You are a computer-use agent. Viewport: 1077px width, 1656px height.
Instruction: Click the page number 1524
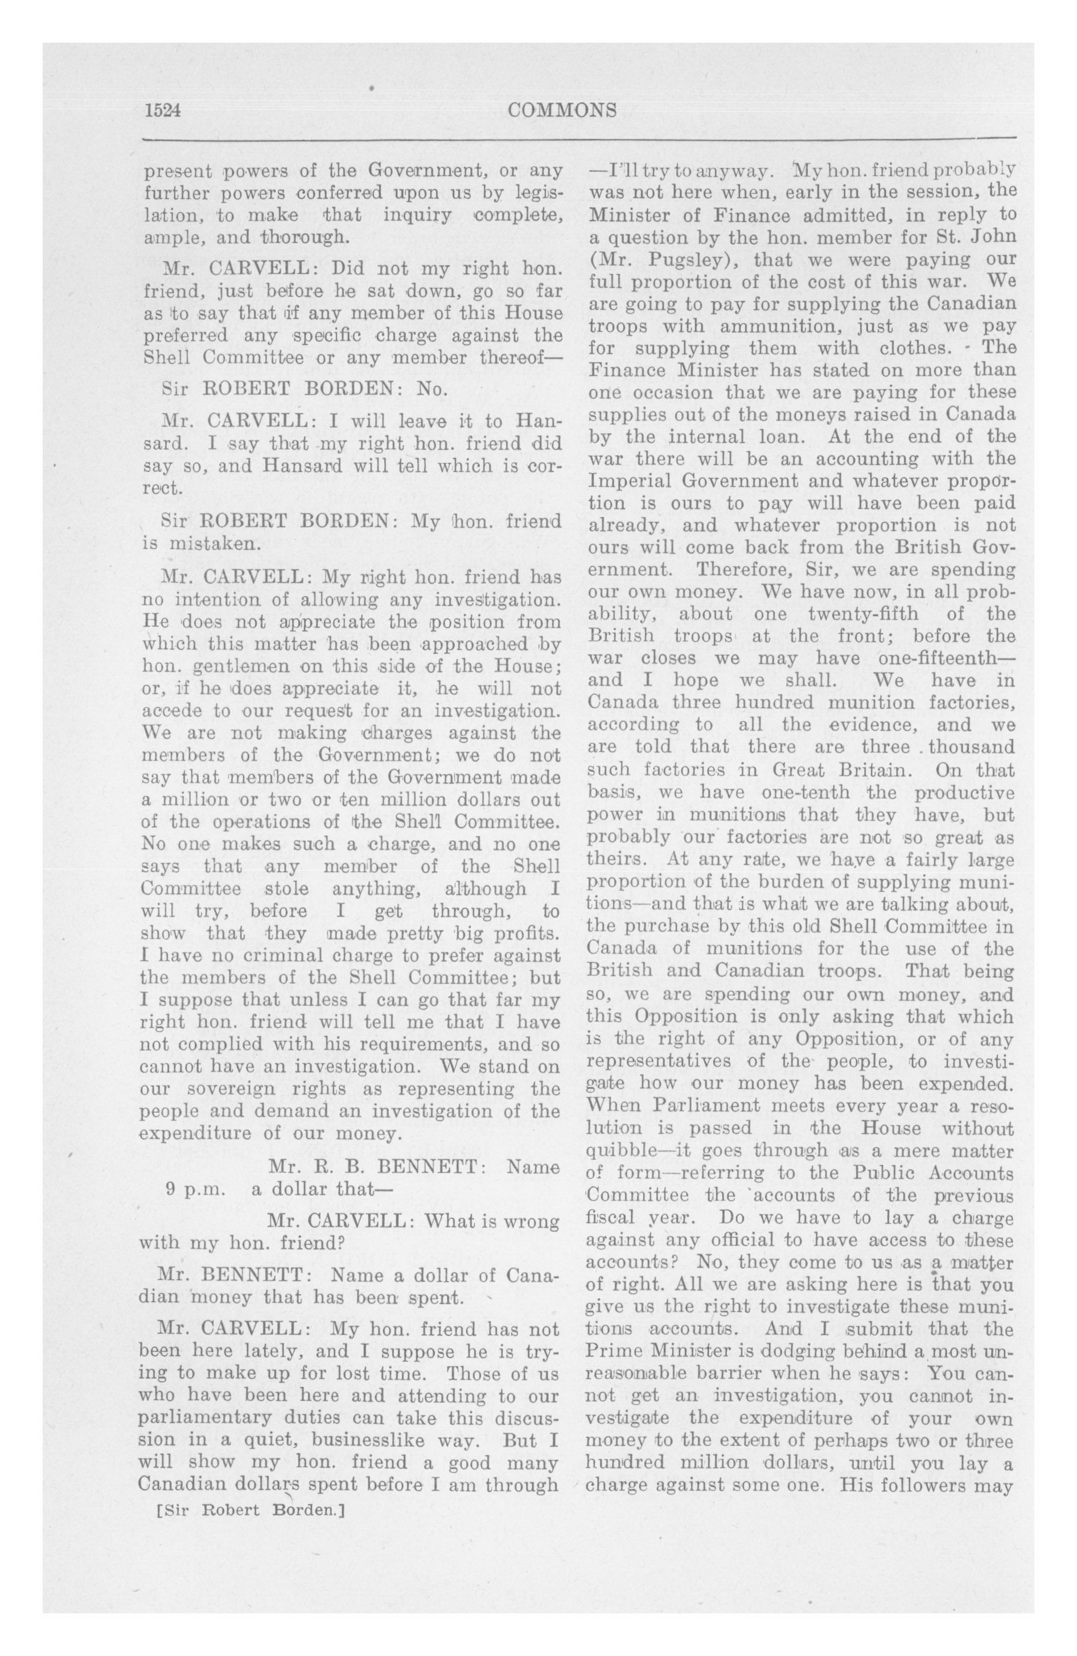click(x=162, y=110)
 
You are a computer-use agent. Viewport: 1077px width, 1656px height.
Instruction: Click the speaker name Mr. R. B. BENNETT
click(x=376, y=1166)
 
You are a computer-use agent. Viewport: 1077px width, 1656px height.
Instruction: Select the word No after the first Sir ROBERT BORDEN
click(x=431, y=388)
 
